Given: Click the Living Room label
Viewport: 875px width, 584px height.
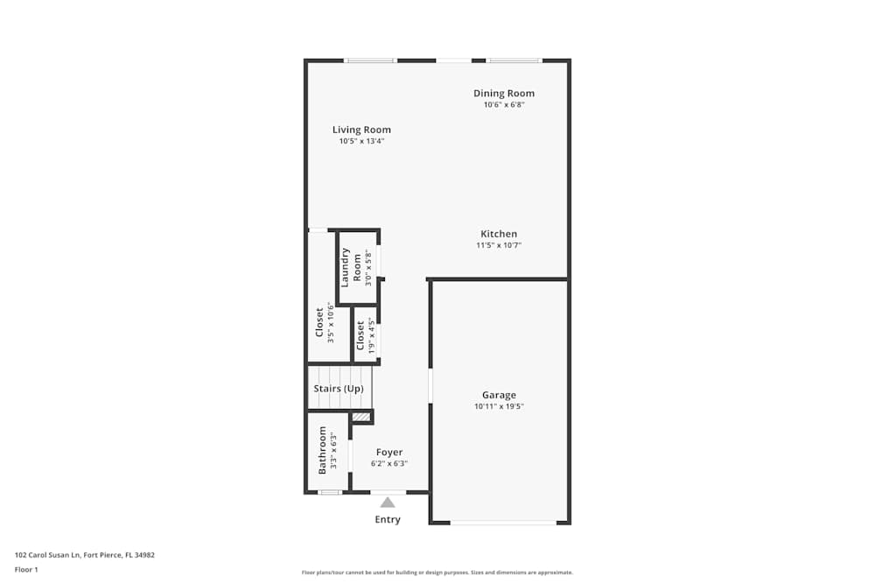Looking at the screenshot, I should [x=361, y=130].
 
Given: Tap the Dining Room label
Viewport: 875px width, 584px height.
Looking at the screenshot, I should [x=504, y=94].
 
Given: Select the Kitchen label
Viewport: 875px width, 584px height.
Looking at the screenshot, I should [x=499, y=234].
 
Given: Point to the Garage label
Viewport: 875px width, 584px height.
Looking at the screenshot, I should [x=499, y=395].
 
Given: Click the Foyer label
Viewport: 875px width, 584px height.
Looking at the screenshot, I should [x=389, y=452].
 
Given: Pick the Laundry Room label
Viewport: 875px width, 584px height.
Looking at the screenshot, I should [x=351, y=267].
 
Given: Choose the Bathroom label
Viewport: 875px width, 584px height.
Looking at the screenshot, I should [x=322, y=450].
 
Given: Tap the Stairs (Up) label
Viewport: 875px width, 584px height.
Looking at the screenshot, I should [x=339, y=389].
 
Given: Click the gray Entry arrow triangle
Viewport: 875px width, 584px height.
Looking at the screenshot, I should [x=388, y=503].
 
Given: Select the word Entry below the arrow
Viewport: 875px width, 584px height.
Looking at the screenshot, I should [x=388, y=519].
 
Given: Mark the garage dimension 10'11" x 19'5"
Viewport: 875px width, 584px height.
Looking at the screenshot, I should [x=499, y=406].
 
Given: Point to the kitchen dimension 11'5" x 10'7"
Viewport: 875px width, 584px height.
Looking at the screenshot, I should [x=499, y=245].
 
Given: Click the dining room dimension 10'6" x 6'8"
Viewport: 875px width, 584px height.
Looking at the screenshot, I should [x=504, y=105].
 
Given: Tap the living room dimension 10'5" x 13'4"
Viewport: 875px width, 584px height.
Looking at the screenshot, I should [x=361, y=141].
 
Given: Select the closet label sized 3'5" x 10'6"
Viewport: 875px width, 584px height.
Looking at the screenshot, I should [x=319, y=322].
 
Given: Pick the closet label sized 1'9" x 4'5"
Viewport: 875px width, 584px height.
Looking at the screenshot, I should [x=360, y=335].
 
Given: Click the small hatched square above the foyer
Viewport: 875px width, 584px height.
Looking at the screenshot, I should [x=361, y=417].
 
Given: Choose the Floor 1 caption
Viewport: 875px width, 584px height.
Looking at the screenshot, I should [x=26, y=569].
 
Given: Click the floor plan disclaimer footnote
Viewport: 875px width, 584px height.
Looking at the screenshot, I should [x=437, y=573].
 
